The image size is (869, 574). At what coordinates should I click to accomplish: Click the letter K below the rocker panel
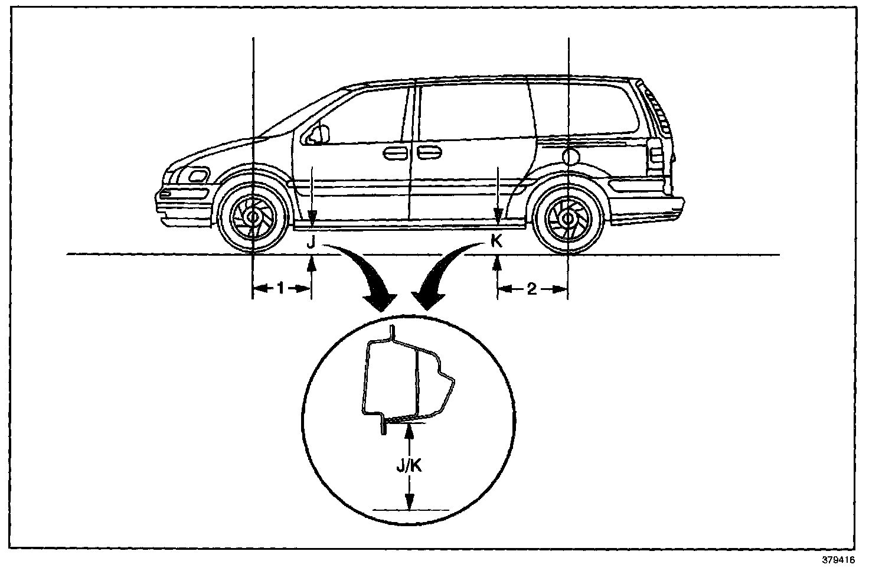[497, 241]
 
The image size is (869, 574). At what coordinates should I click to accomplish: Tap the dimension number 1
[281, 288]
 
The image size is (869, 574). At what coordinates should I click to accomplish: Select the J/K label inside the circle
[409, 467]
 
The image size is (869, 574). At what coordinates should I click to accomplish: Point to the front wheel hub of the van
[253, 217]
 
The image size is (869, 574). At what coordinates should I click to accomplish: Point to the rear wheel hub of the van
[567, 218]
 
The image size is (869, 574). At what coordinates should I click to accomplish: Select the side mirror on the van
[319, 134]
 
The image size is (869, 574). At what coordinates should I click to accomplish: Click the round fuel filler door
[571, 156]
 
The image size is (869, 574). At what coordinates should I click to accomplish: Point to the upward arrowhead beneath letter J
[312, 263]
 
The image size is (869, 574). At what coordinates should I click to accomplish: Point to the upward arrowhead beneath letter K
[497, 263]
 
